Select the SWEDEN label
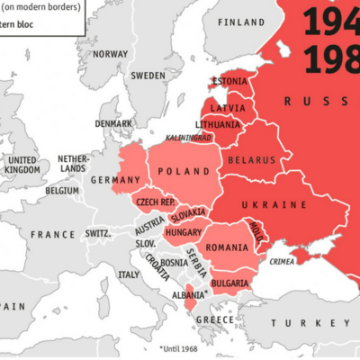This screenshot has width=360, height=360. (148, 76)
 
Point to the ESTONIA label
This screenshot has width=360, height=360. (228, 82)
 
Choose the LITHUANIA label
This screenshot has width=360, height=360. (220, 124)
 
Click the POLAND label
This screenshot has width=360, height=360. (185, 172)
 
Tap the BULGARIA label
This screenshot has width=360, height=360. (229, 283)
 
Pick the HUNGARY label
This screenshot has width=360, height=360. (183, 232)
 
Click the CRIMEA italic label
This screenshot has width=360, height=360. (282, 262)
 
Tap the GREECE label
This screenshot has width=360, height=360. (214, 319)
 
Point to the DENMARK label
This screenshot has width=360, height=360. (113, 123)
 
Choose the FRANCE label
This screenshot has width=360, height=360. (53, 234)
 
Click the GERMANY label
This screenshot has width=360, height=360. (115, 180)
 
